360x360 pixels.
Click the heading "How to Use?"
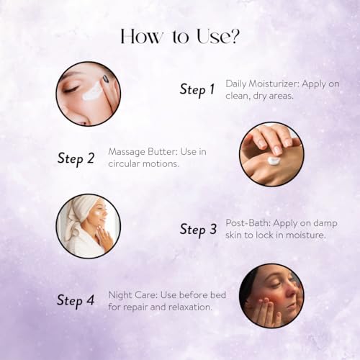(180, 37)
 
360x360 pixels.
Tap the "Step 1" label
(197, 90)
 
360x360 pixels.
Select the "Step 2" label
(76, 159)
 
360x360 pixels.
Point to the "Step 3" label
(198, 230)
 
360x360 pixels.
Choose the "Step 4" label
(76, 301)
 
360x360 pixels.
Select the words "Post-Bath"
(248, 223)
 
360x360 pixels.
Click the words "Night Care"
(132, 295)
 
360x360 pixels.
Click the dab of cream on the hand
(274, 161)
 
